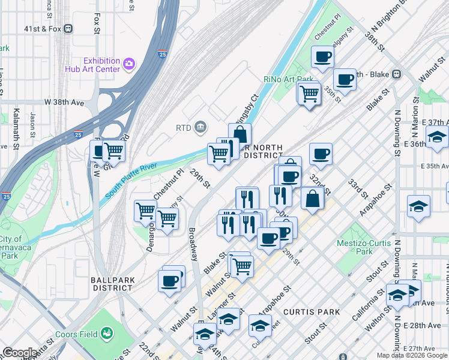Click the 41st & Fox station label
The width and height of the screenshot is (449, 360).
tap(43, 28)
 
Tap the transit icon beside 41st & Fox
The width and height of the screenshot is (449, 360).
tap(68, 28)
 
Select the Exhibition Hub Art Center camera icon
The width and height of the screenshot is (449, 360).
tap(128, 64)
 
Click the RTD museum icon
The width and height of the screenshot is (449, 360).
tap(200, 127)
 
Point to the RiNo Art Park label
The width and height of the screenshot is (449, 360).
tap(288, 79)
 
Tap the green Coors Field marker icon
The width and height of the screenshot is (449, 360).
tap(107, 332)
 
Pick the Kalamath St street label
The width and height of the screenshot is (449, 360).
tap(17, 129)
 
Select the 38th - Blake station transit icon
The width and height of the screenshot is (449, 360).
tap(396, 74)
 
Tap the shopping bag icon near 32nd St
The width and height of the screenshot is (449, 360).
tap(312, 199)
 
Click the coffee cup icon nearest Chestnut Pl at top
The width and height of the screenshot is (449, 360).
tap(322, 58)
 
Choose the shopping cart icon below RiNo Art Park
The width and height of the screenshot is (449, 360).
tap(309, 93)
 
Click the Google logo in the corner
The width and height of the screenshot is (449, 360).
tap(20, 353)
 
